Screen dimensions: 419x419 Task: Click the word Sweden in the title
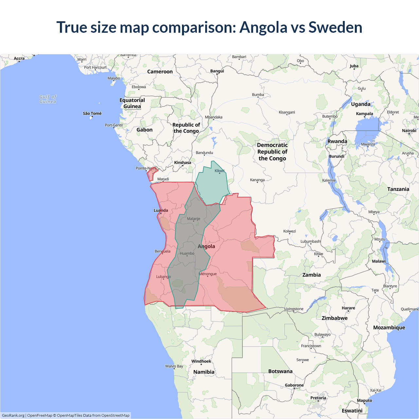335,27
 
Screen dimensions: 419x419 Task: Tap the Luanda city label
161,210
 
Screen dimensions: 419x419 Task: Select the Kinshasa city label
183,163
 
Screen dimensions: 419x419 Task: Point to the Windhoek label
201,361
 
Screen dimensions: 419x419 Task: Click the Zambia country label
311,275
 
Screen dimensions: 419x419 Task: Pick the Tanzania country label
398,189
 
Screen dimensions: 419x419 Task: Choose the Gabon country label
144,130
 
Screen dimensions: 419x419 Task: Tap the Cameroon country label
160,72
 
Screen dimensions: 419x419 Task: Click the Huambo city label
187,253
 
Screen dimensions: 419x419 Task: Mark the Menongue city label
208,274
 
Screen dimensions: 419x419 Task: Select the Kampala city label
364,114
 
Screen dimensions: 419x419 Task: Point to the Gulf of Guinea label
48,99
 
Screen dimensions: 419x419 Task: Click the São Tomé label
92,114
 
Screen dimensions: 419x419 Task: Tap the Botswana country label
280,371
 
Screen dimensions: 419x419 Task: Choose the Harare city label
348,308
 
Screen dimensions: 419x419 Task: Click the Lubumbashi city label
311,242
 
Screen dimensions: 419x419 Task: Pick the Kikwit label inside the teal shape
220,171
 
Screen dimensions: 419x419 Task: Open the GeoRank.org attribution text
13,415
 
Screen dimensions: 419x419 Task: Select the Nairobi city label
409,131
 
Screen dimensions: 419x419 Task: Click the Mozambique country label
389,328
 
